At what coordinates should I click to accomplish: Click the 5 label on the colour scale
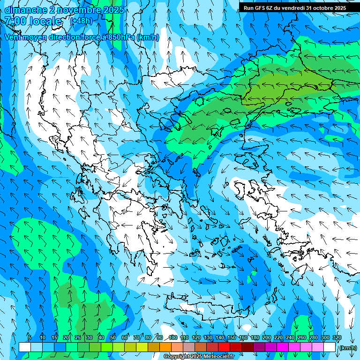(30, 337)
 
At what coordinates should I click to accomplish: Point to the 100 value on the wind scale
(173, 337)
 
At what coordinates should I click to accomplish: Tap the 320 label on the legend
(337, 337)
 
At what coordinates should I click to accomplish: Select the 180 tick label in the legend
(255, 337)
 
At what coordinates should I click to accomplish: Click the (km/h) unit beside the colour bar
(347, 347)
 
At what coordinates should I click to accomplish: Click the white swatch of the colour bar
(25, 347)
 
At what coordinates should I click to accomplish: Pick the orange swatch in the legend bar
(165, 347)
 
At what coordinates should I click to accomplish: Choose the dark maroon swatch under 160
(247, 347)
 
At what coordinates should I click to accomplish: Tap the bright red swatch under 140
(224, 347)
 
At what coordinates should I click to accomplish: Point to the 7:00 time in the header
(15, 21)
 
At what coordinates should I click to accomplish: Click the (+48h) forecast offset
(81, 21)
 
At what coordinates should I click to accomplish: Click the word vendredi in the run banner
(292, 7)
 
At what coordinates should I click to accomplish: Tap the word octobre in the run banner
(324, 7)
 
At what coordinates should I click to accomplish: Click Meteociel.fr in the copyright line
(218, 357)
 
